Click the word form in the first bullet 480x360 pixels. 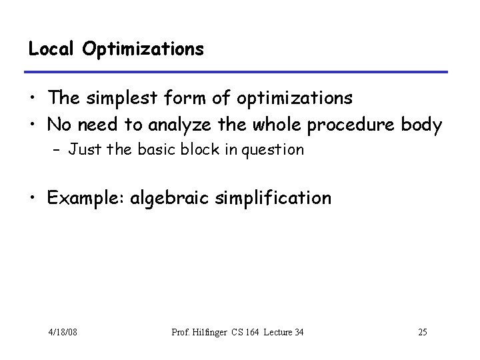[189, 99]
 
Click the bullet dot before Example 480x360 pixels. [33, 199]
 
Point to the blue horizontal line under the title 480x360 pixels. [237, 71]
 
